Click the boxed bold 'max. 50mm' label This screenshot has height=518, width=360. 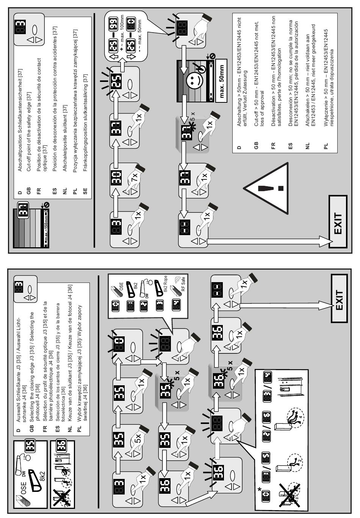click(x=221, y=82)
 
